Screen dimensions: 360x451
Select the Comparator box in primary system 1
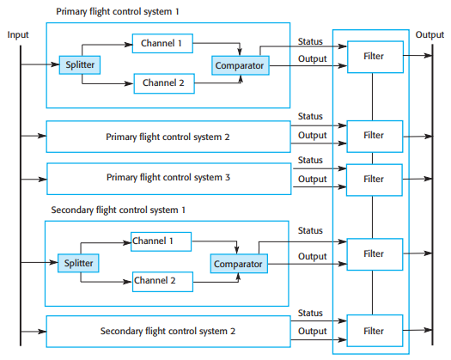[240, 65]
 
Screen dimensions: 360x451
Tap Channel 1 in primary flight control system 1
[162, 42]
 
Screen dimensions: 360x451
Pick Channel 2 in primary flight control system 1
[162, 83]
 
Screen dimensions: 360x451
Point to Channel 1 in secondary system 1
[161, 241]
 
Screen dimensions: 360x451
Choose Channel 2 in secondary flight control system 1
[161, 280]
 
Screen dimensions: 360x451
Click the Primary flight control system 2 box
[168, 137]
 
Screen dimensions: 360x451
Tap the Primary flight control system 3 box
[168, 178]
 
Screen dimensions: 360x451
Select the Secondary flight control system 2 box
[168, 331]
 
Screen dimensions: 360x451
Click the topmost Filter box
[373, 57]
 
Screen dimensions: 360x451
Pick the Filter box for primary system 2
[373, 136]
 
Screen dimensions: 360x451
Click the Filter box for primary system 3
[373, 179]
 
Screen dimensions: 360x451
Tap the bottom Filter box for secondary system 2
[373, 330]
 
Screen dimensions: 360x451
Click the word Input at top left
[19, 34]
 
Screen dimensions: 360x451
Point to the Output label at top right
[430, 34]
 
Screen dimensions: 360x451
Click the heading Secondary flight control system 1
[118, 210]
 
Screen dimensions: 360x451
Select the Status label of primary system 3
[310, 160]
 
